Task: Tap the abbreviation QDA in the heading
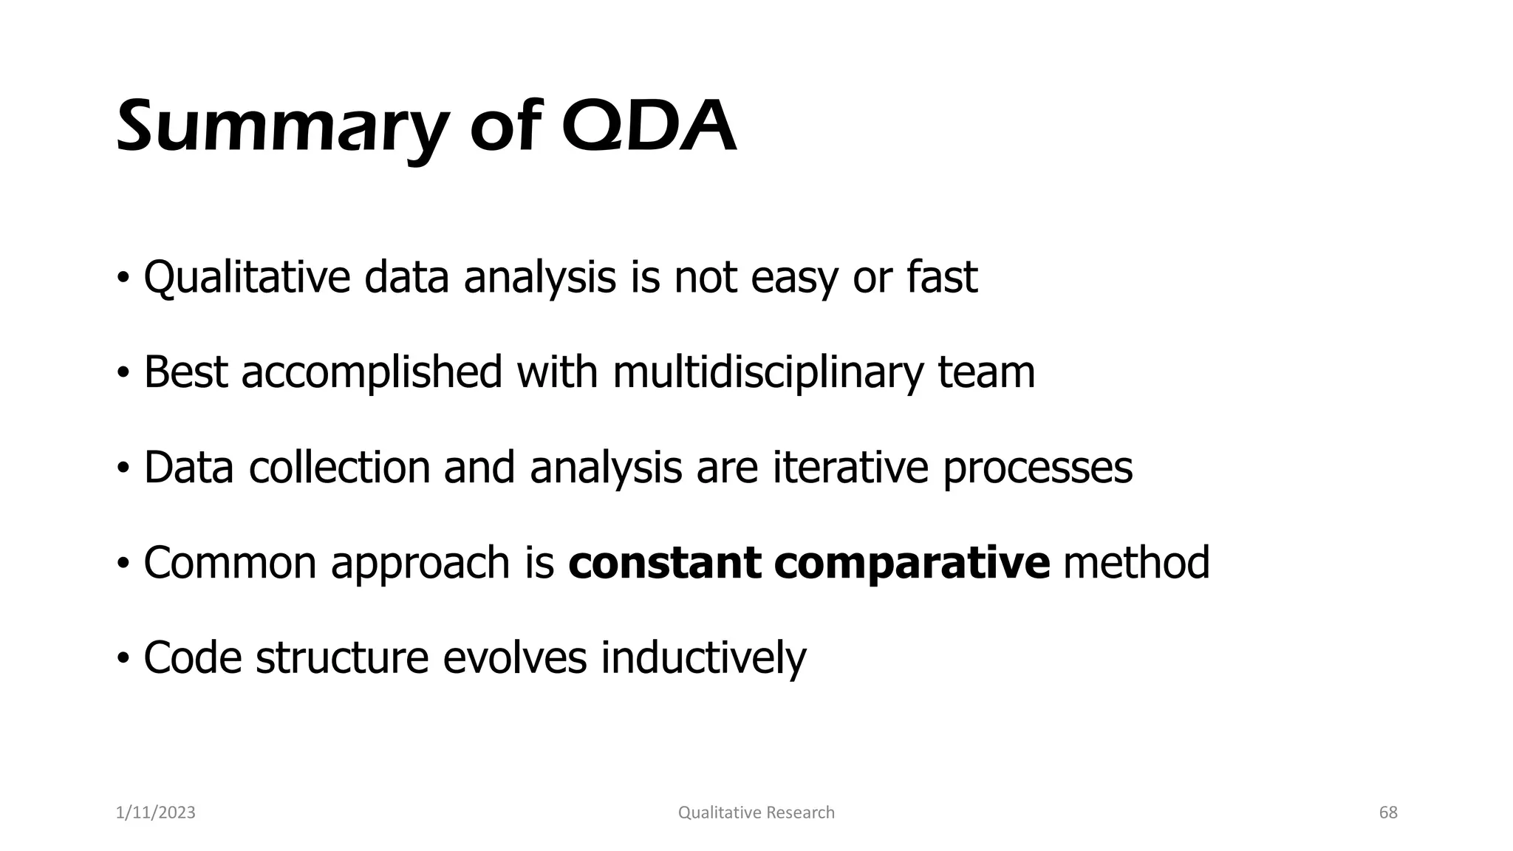point(649,127)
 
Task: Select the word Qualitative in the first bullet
point(246,278)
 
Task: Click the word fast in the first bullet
point(941,278)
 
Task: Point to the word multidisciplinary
point(768,372)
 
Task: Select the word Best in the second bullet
point(185,372)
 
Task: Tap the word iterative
point(850,468)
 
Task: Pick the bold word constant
point(665,563)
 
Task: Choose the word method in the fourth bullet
point(1135,563)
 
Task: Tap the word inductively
point(703,657)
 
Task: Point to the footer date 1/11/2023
point(156,813)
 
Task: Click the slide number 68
point(1388,813)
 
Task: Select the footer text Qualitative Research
point(756,813)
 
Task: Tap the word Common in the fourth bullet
point(229,563)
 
